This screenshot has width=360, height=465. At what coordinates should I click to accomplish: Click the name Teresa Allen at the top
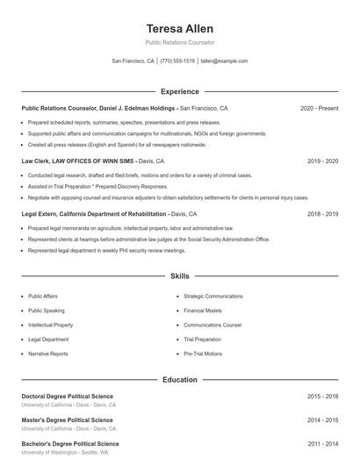click(x=180, y=28)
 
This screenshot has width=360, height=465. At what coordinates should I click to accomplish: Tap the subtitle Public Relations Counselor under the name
click(x=180, y=42)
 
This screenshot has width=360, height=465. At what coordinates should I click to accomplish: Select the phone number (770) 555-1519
click(x=177, y=61)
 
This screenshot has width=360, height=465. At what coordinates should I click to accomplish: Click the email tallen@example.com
click(x=224, y=61)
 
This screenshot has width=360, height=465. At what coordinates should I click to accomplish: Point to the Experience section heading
click(x=180, y=91)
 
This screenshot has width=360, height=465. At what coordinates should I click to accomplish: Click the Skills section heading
click(x=180, y=275)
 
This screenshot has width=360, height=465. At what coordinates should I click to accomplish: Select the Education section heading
click(x=180, y=380)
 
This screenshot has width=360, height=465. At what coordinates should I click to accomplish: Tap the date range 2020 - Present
click(x=319, y=108)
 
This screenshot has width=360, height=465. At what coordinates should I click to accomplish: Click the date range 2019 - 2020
click(x=322, y=161)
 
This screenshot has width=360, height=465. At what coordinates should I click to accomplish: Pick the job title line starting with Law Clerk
click(x=92, y=161)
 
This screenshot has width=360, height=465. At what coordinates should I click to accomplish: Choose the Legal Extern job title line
click(x=109, y=214)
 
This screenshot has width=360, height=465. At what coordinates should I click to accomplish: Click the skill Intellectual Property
click(x=50, y=325)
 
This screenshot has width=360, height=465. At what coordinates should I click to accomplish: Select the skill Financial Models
click(x=203, y=311)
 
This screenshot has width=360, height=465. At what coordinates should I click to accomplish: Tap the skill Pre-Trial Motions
click(x=203, y=354)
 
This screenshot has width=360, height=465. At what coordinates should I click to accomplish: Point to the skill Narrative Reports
click(x=48, y=354)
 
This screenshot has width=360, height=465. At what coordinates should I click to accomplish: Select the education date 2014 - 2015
click(x=322, y=420)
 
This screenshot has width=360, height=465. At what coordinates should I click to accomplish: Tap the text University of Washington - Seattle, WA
click(x=65, y=453)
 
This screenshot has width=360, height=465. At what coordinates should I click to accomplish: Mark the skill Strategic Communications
click(x=213, y=297)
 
